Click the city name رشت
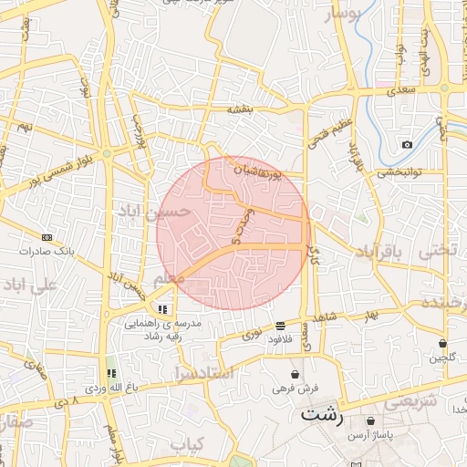(x=323, y=415)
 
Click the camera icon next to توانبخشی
(x=407, y=144)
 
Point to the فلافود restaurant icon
(x=279, y=326)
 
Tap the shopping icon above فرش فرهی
(x=295, y=374)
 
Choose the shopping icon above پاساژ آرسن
(x=370, y=421)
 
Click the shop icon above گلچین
(x=442, y=343)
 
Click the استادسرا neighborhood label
(x=202, y=373)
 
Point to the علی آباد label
(x=29, y=285)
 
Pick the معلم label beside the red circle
(x=170, y=277)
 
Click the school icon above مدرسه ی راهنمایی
(x=162, y=309)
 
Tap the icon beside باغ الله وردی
(x=111, y=373)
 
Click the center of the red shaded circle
(x=233, y=233)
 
